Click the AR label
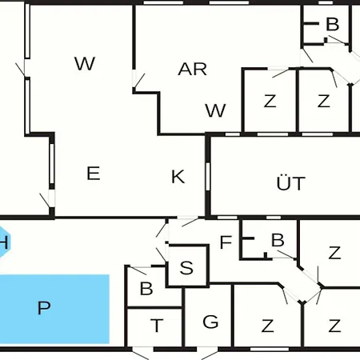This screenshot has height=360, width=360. [192, 69]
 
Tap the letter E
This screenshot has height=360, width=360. [94, 173]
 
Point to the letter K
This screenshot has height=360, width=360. [178, 176]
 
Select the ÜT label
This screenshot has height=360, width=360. [291, 182]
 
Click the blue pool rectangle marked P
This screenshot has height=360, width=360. [54, 309]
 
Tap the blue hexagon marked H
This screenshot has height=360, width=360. [4, 242]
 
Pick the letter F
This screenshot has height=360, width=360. [226, 242]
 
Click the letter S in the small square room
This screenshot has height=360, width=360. [186, 267]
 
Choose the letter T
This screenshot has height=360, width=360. [157, 326]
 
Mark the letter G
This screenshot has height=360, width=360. [210, 322]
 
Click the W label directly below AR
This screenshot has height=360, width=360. [215, 110]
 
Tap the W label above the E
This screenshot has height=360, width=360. [85, 63]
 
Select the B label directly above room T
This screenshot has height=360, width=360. [146, 288]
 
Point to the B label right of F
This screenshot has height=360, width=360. [278, 240]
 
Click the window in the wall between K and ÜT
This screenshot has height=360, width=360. [208, 177]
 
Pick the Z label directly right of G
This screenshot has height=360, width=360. [267, 326]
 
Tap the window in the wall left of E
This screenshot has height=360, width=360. [52, 163]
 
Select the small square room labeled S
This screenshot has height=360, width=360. [188, 266]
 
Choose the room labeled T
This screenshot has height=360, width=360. [154, 328]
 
